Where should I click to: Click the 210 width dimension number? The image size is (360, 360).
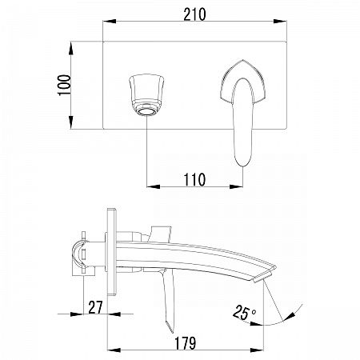pos(194,14)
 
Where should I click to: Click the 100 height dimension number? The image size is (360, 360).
pos(65,85)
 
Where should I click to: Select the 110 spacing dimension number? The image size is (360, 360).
pos(194,180)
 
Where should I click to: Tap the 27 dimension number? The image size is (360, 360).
pos(95,307)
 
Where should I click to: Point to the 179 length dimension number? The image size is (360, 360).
pos(186,343)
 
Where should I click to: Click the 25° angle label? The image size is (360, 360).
pos(244,313)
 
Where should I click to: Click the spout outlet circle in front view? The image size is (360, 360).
pos(147,111)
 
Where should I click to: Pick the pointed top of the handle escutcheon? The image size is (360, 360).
pos(242,60)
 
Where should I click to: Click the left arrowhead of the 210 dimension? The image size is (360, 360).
pos(110,21)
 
